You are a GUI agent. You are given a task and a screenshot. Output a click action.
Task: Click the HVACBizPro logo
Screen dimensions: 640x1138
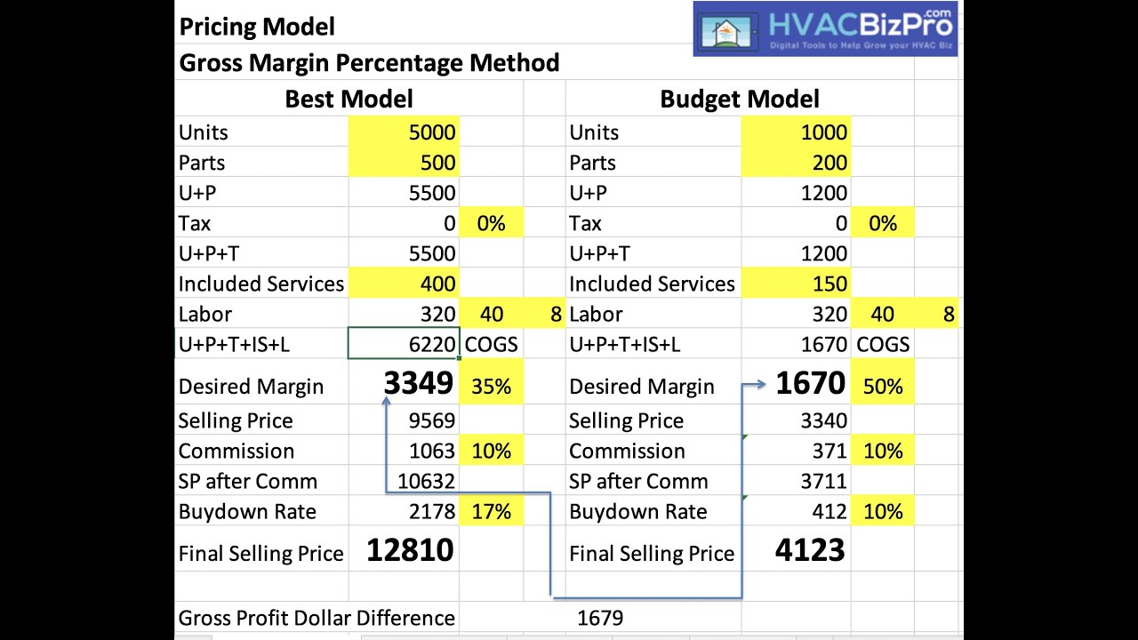pyautogui.click(x=824, y=28)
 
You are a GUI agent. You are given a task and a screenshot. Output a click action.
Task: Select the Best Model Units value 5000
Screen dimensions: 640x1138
pyautogui.click(x=432, y=132)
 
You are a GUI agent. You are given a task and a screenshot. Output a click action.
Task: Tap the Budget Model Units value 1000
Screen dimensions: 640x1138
pyautogui.click(x=823, y=132)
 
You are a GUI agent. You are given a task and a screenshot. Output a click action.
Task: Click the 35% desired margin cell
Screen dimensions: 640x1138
pyautogui.click(x=491, y=387)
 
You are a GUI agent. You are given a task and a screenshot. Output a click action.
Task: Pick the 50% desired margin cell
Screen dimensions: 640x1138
pyautogui.click(x=882, y=387)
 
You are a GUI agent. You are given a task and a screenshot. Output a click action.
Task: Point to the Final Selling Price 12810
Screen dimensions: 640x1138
pyautogui.click(x=410, y=550)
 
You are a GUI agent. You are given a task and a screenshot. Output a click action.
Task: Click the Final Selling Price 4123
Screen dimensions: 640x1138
pyautogui.click(x=809, y=550)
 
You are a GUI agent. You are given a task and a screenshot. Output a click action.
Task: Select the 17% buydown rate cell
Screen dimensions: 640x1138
pyautogui.click(x=491, y=512)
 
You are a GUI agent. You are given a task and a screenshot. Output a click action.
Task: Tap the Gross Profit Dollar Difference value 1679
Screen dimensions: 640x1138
pyautogui.click(x=600, y=618)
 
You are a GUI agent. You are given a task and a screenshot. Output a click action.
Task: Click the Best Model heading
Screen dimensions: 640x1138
pyautogui.click(x=349, y=99)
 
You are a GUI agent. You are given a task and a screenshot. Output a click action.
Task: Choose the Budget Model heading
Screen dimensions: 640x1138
pyautogui.click(x=739, y=99)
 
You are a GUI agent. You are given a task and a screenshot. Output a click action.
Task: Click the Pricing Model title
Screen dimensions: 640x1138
pyautogui.click(x=257, y=27)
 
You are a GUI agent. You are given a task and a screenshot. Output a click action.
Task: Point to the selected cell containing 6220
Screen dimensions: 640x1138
pyautogui.click(x=404, y=344)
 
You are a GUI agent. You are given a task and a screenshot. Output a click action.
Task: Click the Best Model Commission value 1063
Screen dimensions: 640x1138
pyautogui.click(x=432, y=451)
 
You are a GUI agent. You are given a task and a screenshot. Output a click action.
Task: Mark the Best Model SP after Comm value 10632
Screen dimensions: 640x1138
pyautogui.click(x=426, y=481)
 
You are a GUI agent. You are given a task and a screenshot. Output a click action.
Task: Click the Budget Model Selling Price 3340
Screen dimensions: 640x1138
pyautogui.click(x=823, y=420)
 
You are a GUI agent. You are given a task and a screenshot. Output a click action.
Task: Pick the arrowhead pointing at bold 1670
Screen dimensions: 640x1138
pyautogui.click(x=761, y=385)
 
